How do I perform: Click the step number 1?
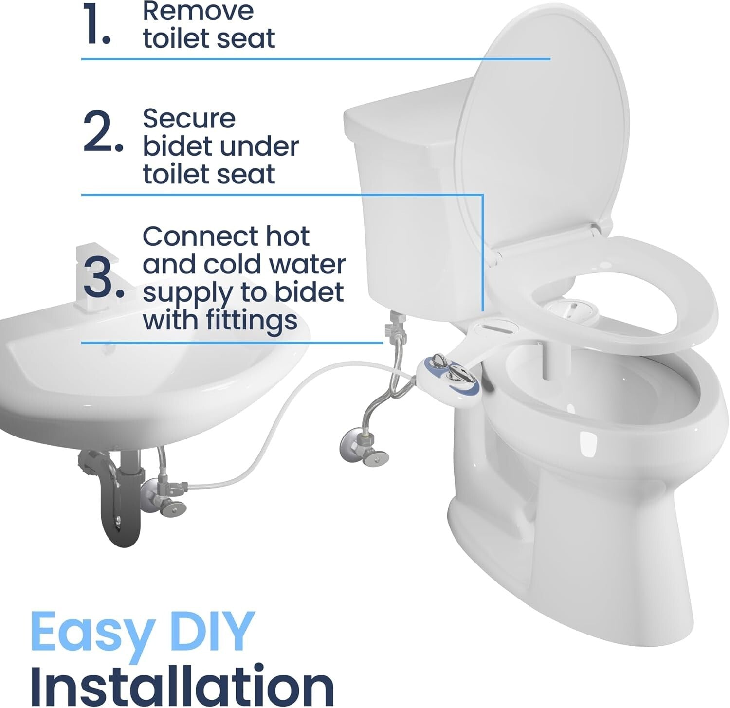click(96, 25)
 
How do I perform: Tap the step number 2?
click(102, 131)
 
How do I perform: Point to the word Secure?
click(189, 118)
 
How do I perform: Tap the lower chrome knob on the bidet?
click(459, 374)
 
